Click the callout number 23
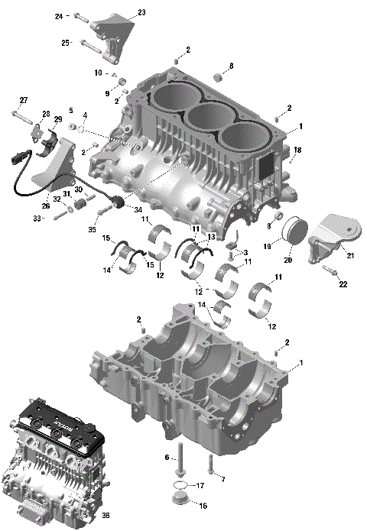[141, 13]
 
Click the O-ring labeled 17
[178, 486]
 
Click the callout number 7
[222, 479]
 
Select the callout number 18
[298, 150]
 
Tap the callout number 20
[287, 260]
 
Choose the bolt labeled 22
[330, 271]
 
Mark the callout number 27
[24, 101]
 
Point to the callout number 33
[35, 218]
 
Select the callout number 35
[93, 228]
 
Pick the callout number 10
[98, 73]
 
